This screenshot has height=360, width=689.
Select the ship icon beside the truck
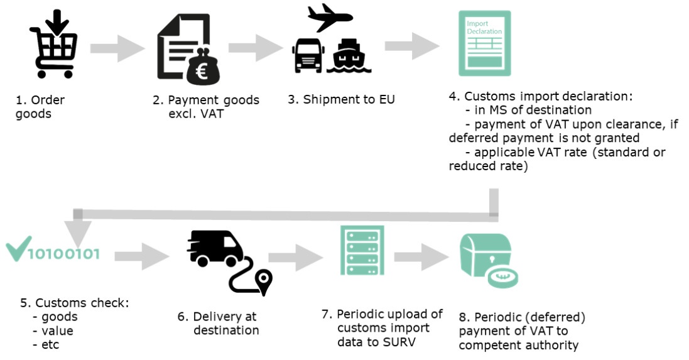point(352,56)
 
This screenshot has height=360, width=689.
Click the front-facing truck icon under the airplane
point(310,55)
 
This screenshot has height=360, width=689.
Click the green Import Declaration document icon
point(484,43)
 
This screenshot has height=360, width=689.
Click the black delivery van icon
point(217,249)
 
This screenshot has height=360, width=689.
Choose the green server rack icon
point(362,250)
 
